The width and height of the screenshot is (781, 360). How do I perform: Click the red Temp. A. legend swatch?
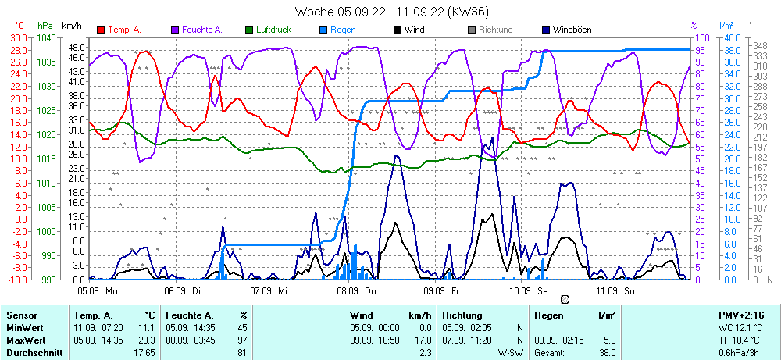pyautogui.click(x=101, y=30)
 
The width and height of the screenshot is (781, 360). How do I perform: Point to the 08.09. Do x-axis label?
pyautogui.click(x=356, y=290)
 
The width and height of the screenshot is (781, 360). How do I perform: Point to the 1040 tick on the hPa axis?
pyautogui.click(x=46, y=37)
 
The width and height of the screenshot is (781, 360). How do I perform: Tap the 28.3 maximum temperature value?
pyautogui.click(x=145, y=340)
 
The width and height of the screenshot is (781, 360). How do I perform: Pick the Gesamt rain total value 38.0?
pyautogui.click(x=607, y=352)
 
